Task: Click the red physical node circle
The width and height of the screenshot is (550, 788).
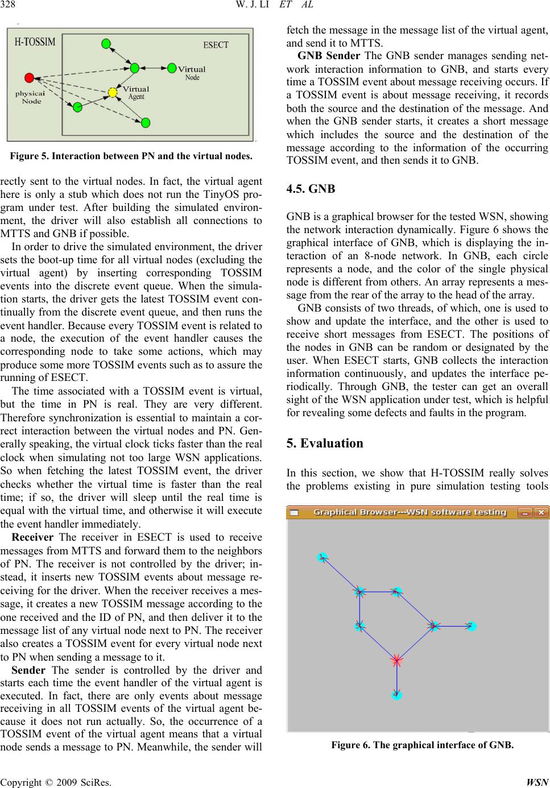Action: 29,77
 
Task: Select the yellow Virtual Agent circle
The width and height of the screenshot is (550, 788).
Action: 113,92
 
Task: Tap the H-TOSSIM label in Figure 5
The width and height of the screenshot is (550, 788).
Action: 35,42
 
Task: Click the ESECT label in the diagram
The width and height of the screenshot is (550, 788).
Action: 216,45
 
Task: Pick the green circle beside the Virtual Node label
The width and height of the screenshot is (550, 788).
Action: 172,68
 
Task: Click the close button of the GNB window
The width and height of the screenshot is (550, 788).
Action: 541,512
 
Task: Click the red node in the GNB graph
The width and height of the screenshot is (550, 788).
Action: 396,661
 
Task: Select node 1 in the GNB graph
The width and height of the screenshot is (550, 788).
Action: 322,557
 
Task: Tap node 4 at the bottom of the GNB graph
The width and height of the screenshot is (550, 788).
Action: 396,695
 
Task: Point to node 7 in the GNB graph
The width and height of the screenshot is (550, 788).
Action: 471,627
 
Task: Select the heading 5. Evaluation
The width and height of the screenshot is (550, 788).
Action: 325,443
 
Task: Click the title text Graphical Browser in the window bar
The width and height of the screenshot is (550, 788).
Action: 410,512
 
